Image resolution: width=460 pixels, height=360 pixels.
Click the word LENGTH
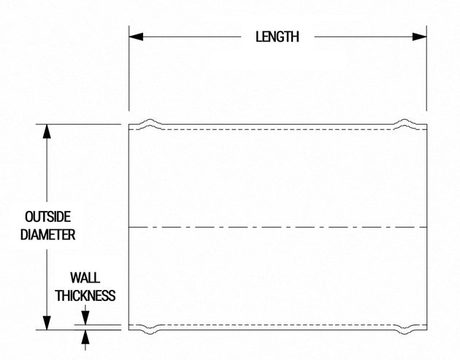click(x=277, y=37)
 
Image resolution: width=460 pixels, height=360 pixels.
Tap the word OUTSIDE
click(x=47, y=217)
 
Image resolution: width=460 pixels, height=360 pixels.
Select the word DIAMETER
click(x=47, y=234)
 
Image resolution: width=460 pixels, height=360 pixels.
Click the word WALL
click(x=85, y=277)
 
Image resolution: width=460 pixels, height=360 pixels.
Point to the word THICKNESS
click(x=85, y=296)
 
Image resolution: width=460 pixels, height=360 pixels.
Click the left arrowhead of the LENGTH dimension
click(x=136, y=37)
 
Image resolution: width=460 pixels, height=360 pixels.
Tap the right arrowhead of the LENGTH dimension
click(x=420, y=37)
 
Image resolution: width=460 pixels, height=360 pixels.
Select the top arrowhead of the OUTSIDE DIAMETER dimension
click(x=47, y=131)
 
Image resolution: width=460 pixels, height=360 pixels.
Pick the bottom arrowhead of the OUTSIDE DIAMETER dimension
click(x=47, y=323)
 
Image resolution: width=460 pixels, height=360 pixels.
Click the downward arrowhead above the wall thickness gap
click(x=85, y=318)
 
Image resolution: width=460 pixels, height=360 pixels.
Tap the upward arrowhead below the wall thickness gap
click(x=85, y=337)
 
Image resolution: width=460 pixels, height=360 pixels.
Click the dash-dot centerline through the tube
click(x=277, y=227)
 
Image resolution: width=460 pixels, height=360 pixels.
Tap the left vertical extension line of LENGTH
click(x=129, y=69)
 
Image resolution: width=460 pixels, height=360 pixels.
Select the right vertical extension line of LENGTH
click(x=426, y=69)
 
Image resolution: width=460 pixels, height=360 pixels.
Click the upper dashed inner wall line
click(x=277, y=129)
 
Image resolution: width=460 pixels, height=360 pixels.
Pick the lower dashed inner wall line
click(x=277, y=325)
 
